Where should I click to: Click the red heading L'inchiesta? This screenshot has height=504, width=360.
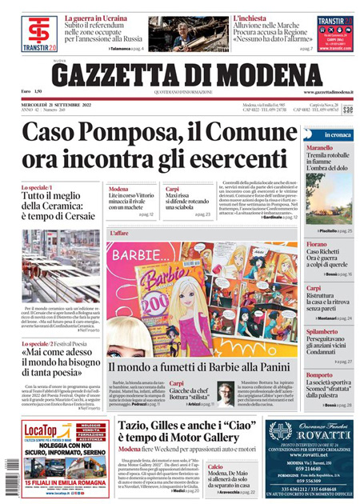pos(250,17)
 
